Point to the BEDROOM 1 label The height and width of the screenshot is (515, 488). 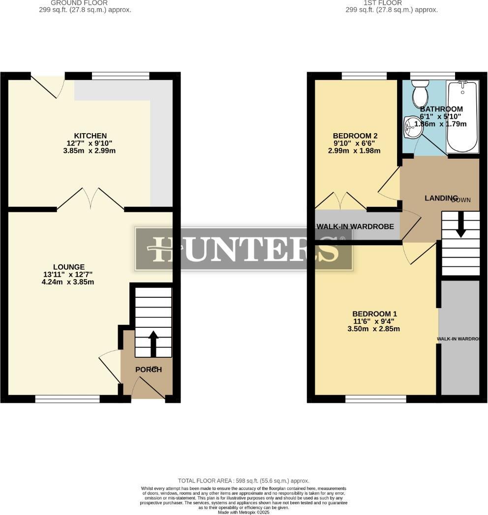tap(374, 314)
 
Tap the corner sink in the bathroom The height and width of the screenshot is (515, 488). tap(410, 128)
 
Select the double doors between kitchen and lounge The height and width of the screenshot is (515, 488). tap(91, 199)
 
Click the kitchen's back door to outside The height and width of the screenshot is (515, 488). tap(48, 84)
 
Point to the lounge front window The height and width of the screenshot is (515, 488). tap(67, 399)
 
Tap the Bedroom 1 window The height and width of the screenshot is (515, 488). tap(376, 399)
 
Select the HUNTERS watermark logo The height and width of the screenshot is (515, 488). tap(244, 249)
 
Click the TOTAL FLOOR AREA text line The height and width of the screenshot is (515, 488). tap(244, 480)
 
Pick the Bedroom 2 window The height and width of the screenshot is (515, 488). tap(364, 76)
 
